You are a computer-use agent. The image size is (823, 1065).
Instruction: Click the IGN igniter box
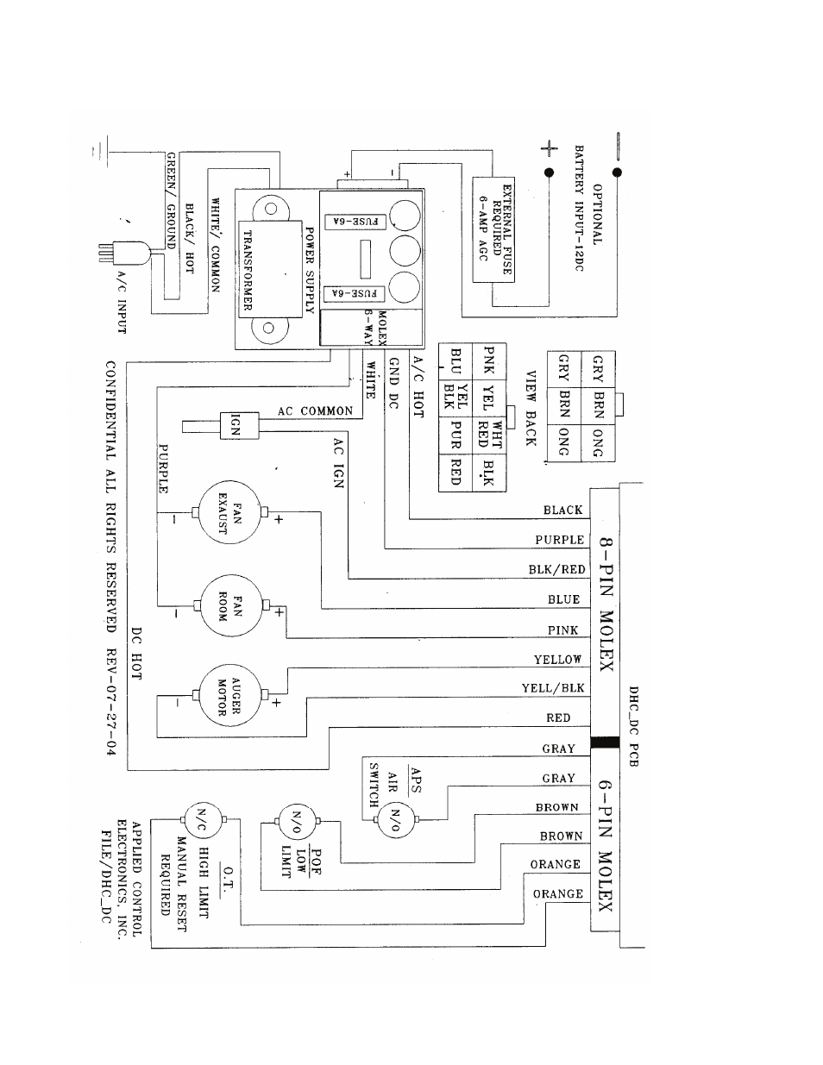(239, 425)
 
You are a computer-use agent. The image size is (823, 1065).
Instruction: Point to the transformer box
(270, 269)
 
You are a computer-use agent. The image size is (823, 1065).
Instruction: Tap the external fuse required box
(493, 229)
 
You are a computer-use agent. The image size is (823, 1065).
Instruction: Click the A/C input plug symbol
(125, 253)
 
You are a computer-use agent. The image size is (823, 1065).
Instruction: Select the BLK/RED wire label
(556, 569)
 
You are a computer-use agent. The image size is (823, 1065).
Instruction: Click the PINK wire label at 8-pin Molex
(563, 630)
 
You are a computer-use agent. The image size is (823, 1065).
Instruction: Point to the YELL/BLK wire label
(553, 688)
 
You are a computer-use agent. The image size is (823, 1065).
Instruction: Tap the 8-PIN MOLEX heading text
(606, 605)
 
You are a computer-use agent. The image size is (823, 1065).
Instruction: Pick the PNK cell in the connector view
(489, 360)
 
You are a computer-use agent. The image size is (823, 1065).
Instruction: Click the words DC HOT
(137, 654)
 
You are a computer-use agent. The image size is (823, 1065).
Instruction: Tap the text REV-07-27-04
(111, 702)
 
